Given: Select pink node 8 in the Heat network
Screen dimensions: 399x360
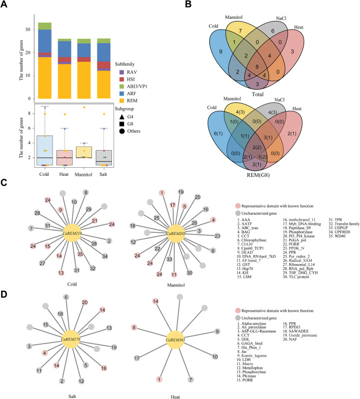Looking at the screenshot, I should (x=134, y=326).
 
